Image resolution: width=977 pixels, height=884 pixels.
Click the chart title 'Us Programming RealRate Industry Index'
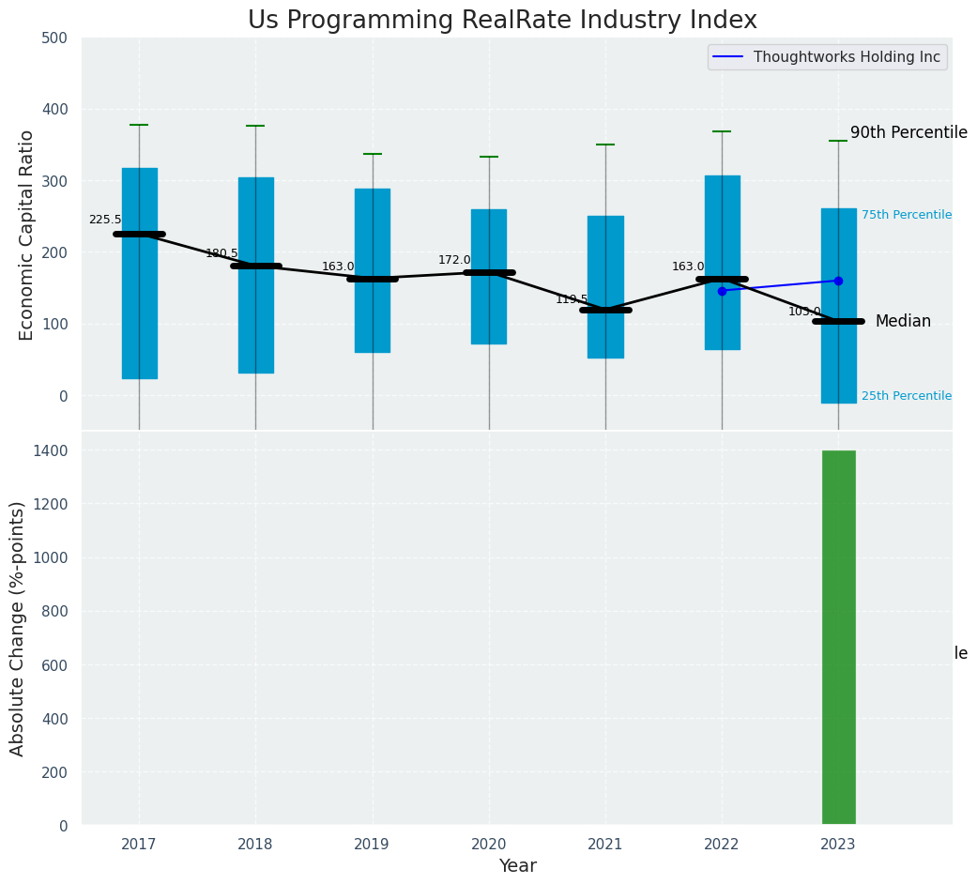502,21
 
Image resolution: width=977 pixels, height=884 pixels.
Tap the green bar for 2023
838,638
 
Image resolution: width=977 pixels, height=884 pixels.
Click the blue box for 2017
139,273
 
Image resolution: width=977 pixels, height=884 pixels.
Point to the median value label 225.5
105,220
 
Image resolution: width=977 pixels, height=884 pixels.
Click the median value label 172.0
454,260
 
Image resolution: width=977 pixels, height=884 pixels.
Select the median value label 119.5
572,299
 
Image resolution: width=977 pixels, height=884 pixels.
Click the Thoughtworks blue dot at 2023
838,281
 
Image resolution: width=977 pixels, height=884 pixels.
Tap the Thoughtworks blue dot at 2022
722,291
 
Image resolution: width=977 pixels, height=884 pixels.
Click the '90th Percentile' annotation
908,132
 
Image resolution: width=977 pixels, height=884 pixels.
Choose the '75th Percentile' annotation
907,215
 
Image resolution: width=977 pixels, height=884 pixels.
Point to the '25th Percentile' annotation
907,396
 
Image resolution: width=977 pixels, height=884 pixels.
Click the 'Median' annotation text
903,322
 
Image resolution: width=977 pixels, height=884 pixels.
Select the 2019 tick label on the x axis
372,845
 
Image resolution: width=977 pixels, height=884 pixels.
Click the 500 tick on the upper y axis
55,38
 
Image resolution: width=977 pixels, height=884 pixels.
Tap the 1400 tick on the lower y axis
52,450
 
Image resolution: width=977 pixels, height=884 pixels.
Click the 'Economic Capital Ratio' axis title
26,235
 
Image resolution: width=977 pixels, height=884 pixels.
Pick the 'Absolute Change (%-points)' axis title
18,628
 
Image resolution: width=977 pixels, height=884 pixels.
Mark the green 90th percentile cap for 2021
605,145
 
